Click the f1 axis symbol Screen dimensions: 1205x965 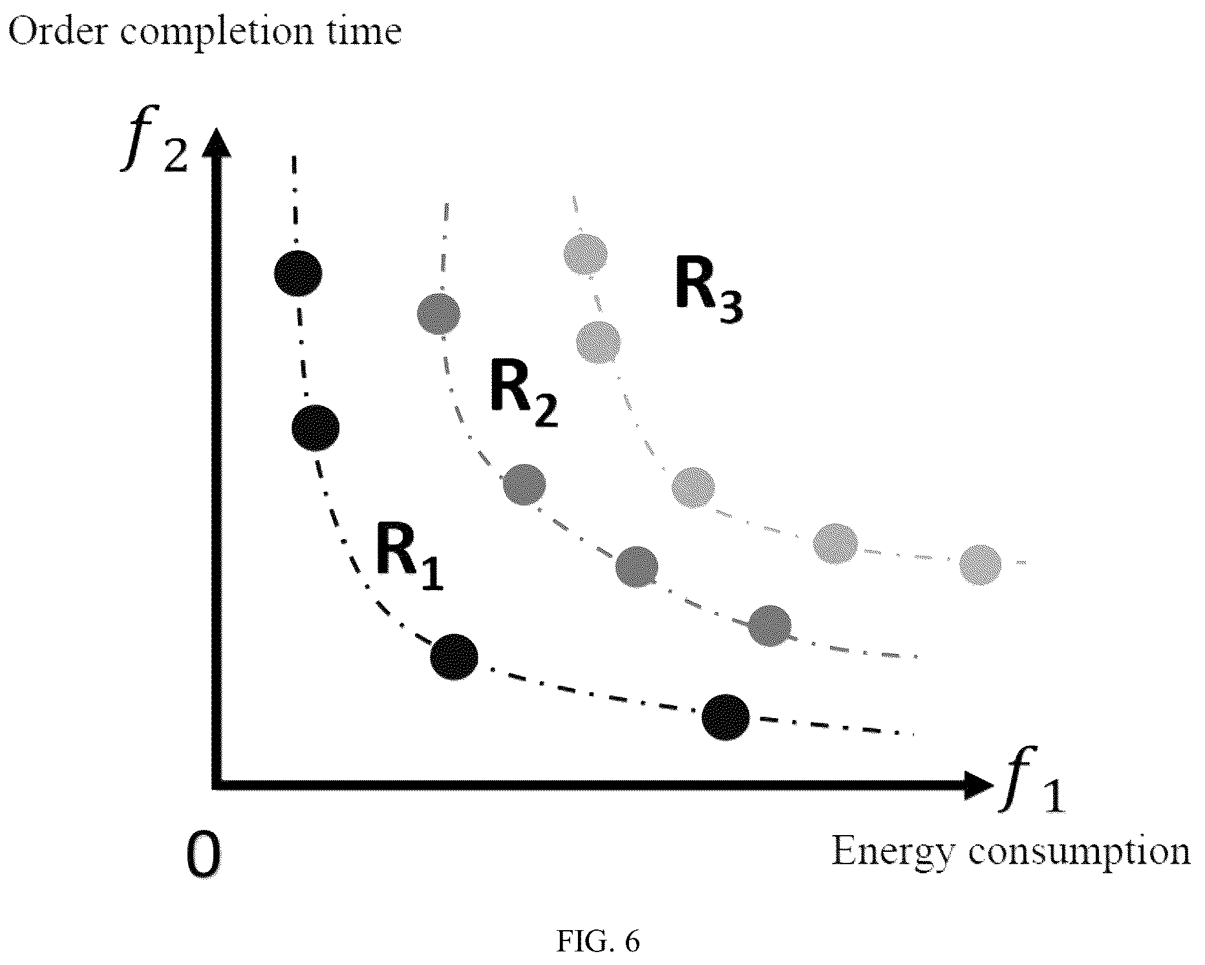pos(1032,779)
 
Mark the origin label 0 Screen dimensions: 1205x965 pos(202,853)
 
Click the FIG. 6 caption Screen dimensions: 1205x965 pos(598,942)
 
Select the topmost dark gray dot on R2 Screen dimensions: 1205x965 pos(440,314)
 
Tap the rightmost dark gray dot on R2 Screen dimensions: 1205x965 pos(769,626)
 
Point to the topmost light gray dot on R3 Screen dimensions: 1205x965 pos(586,255)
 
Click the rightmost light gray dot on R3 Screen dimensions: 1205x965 pos(980,564)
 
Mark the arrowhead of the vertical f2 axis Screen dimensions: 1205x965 pos(220,142)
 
